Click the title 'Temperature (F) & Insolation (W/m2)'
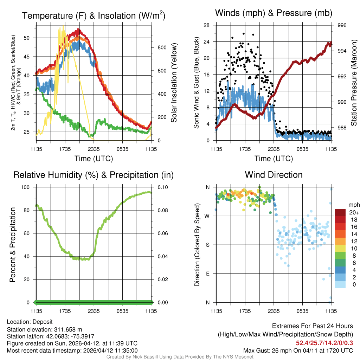point(94,15)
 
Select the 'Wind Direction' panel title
point(274,175)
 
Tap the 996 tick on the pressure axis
point(342,25)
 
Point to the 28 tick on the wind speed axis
point(207,25)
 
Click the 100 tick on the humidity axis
point(27,187)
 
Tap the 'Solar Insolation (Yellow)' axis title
point(174,83)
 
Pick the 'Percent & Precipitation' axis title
point(13,245)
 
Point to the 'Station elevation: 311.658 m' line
point(44,329)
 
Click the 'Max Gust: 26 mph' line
point(298,351)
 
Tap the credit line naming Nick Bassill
point(180,357)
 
